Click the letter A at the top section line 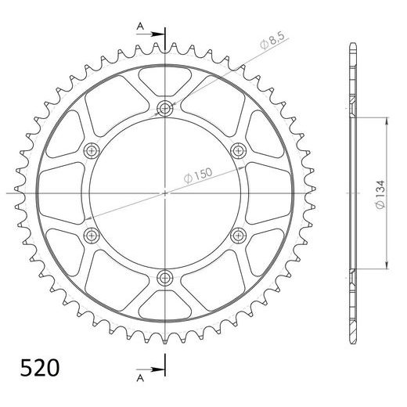point(139,26)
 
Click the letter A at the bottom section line point(139,376)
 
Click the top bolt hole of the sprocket point(164,107)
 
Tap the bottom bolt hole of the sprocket point(164,276)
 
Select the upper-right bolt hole point(238,149)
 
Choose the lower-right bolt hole point(238,234)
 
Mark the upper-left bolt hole point(91,149)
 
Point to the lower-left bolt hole point(91,234)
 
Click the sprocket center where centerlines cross point(164,192)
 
